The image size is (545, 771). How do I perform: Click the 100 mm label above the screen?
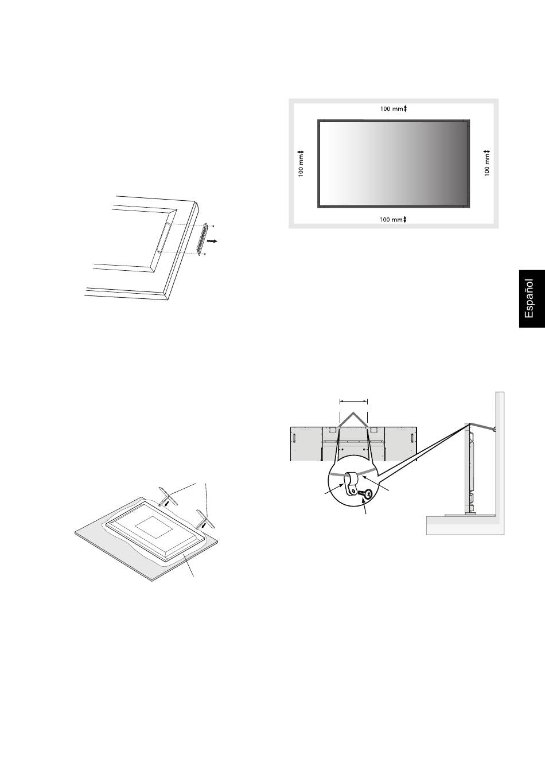[x=391, y=109]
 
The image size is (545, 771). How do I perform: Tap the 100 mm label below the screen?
[x=391, y=220]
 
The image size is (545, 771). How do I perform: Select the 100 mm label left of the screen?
[x=301, y=165]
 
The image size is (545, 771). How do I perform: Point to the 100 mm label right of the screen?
[x=487, y=165]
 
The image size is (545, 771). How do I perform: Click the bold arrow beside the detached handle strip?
[x=212, y=242]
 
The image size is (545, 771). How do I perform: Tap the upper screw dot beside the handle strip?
[x=213, y=226]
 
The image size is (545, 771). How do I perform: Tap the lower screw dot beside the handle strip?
[x=205, y=254]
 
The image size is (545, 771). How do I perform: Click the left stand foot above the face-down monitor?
[x=168, y=496]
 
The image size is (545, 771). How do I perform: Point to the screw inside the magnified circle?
[x=366, y=493]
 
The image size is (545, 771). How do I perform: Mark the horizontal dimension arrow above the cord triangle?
[x=353, y=402]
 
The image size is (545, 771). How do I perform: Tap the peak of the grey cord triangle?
[x=353, y=412]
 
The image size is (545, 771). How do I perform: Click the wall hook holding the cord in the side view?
[x=494, y=429]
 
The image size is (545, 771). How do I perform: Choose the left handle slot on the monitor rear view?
[x=294, y=438]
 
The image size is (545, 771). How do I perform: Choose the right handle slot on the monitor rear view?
[x=412, y=438]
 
